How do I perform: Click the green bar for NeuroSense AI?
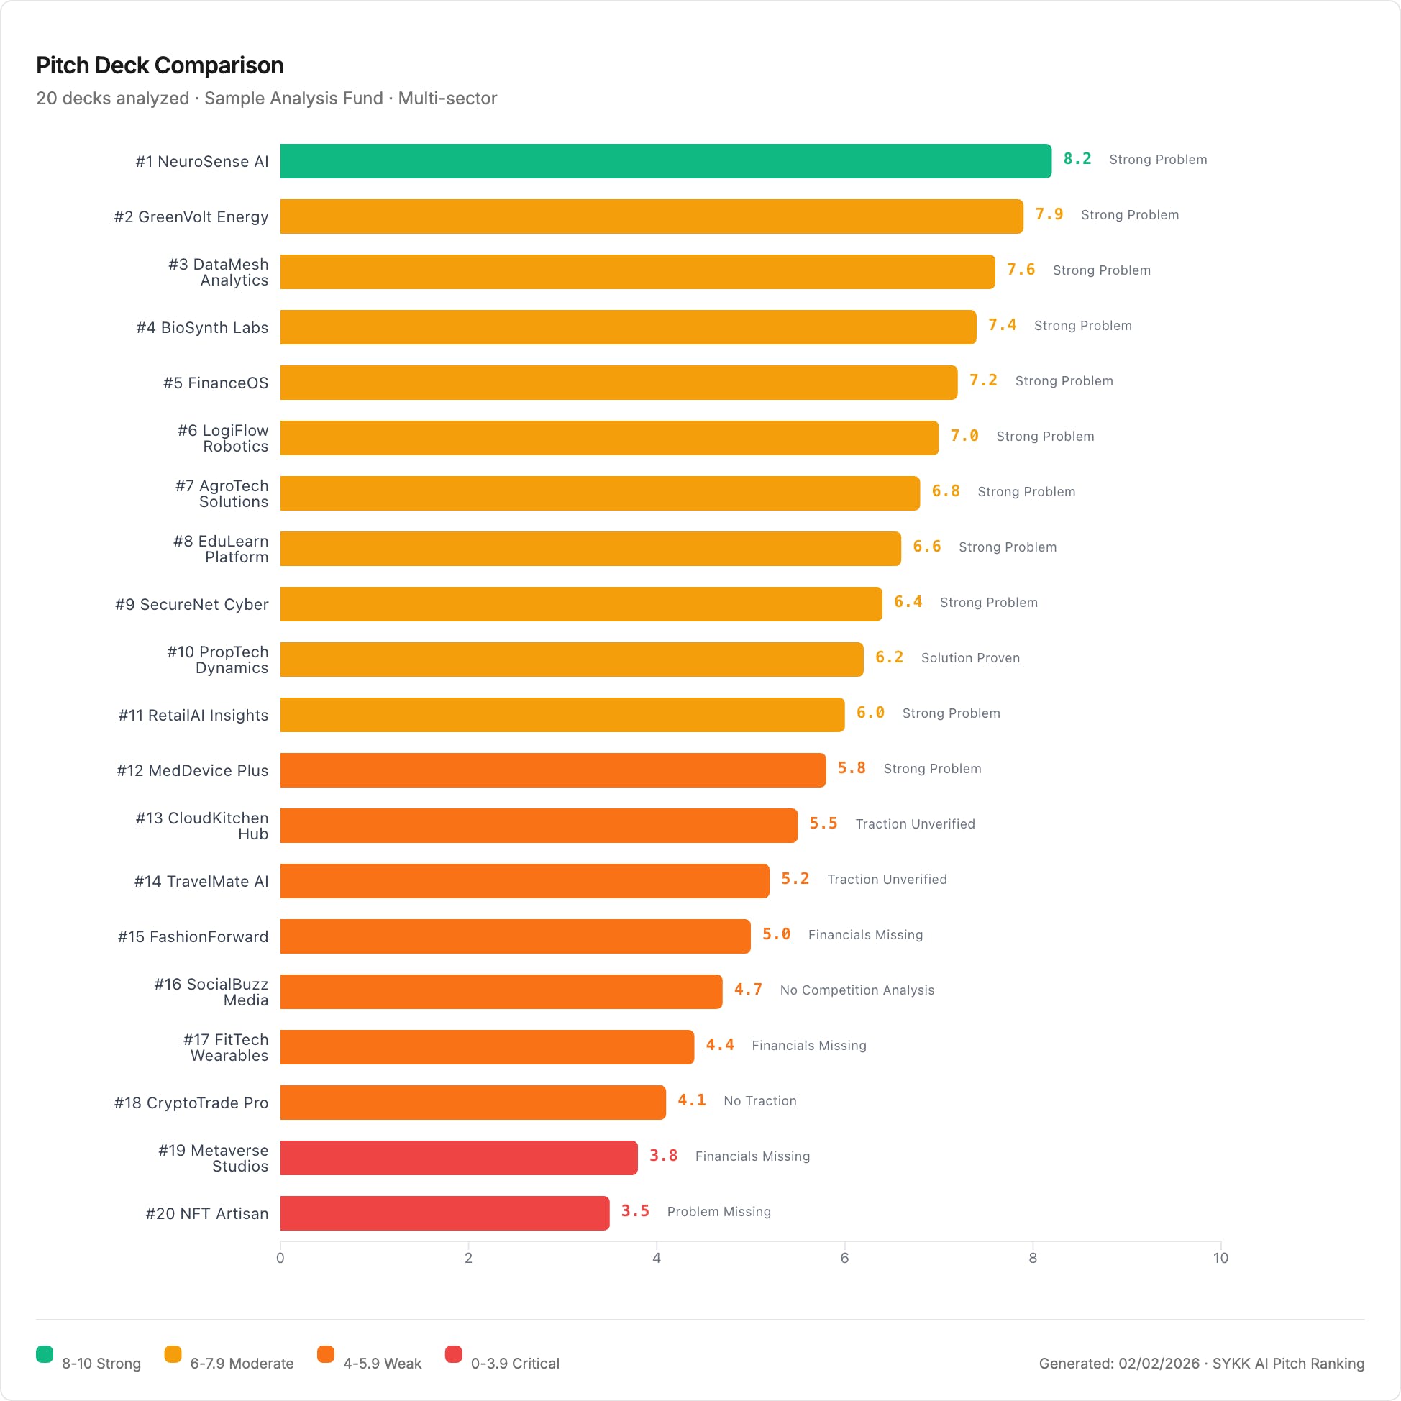pos(666,161)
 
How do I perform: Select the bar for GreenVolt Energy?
pos(651,216)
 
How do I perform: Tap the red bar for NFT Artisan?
pos(444,1213)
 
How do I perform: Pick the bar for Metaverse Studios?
pos(458,1158)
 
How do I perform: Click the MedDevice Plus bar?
pos(552,770)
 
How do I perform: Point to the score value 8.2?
pos(1077,159)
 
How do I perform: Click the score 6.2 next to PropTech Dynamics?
pos(889,657)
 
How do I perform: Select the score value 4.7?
pos(748,990)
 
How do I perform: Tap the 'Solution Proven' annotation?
pos(970,658)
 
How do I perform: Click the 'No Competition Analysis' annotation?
pos(857,990)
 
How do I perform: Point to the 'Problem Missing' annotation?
pos(718,1212)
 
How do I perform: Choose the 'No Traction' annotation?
pos(760,1101)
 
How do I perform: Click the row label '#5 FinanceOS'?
pos(215,383)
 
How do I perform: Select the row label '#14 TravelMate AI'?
pos(201,881)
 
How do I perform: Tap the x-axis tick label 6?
pos(844,1258)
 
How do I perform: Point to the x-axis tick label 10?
pos(1220,1258)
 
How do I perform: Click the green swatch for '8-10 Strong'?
pos(45,1354)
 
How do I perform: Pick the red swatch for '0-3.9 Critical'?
pos(453,1354)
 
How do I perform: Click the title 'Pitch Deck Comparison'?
pos(160,65)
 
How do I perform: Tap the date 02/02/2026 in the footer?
pos(1158,1364)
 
